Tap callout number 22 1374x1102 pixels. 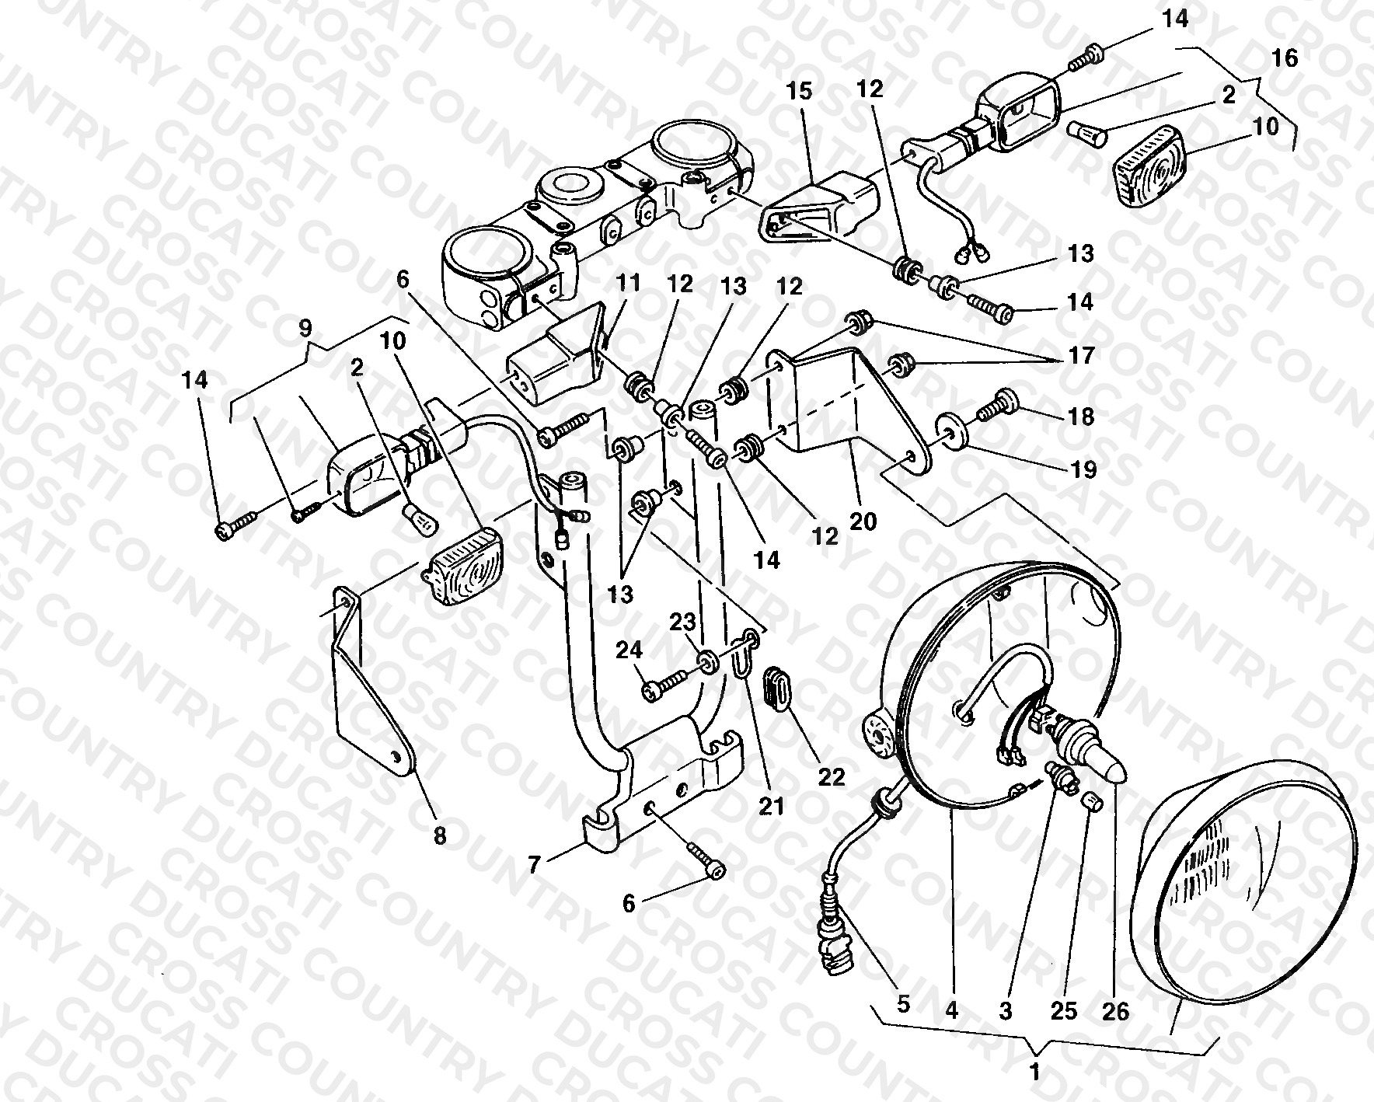832,776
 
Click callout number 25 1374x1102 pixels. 1065,1011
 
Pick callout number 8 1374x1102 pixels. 440,835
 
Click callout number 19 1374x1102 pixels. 1082,469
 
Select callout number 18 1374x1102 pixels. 1081,417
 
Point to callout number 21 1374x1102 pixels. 772,807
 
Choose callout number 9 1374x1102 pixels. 306,329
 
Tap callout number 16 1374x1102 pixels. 1285,58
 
